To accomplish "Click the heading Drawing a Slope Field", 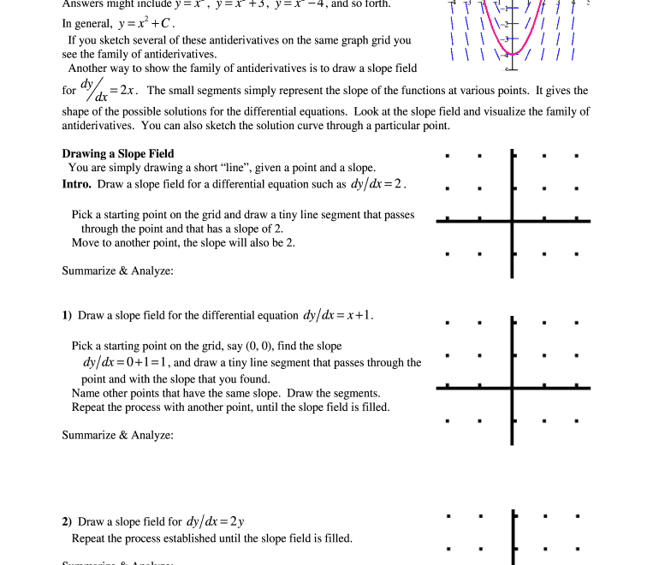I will tap(118, 154).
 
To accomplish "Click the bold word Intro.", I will tap(77, 184).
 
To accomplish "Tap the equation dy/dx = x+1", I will tap(338, 315).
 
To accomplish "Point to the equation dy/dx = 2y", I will tap(215, 521).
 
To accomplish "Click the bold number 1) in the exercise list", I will tap(67, 316).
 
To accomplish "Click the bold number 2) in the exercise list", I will tap(67, 522).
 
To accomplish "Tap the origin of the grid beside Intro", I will tap(513, 221).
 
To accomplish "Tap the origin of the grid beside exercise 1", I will tap(513, 388).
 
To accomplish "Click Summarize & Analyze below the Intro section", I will tap(117, 271).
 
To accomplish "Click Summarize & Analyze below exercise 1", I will tap(117, 436).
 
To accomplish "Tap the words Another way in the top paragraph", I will tap(98, 68).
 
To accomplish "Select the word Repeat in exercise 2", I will tap(89, 539).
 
